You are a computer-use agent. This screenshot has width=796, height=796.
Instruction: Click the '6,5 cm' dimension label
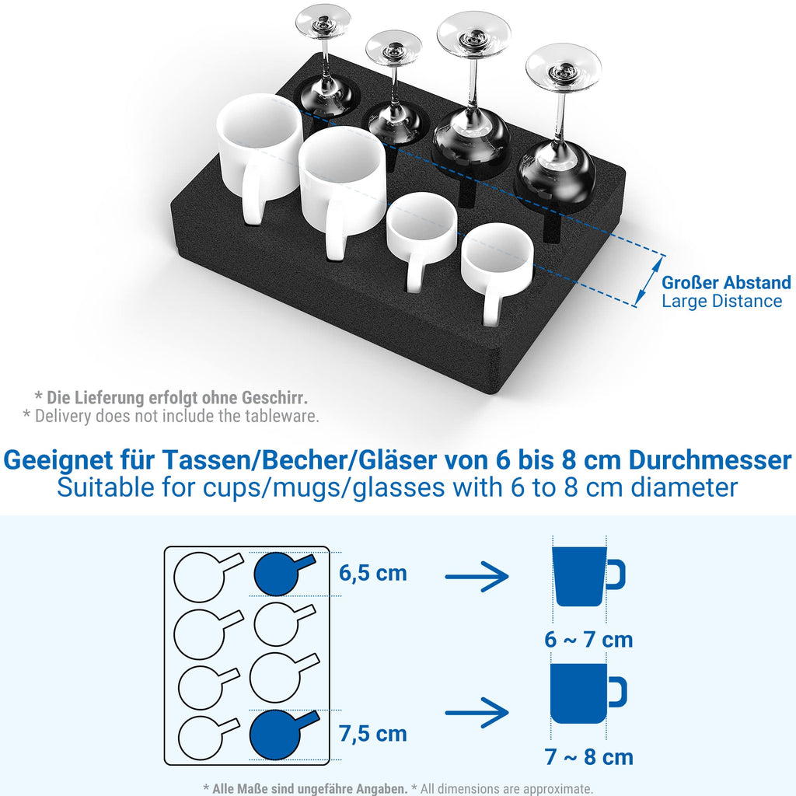373,573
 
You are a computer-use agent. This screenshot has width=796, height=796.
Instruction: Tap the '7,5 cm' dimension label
373,734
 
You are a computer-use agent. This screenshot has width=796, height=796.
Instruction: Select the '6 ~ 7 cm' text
589,639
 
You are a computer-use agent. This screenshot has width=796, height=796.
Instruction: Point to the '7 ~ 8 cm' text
589,757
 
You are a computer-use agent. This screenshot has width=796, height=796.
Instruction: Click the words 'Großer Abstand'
727,282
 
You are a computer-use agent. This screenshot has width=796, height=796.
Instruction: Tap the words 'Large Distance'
722,301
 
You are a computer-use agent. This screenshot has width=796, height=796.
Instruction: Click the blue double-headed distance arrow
650,281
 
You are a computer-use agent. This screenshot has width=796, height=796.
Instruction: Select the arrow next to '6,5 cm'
477,576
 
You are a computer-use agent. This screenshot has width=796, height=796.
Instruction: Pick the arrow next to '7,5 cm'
477,713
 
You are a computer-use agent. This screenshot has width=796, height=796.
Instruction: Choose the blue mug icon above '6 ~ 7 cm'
588,576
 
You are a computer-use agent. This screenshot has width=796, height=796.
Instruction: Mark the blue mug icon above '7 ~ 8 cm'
588,693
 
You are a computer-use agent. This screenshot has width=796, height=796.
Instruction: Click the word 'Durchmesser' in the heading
710,460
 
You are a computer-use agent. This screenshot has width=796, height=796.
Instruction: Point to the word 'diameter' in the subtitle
684,487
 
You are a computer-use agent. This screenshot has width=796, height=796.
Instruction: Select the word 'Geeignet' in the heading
58,461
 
